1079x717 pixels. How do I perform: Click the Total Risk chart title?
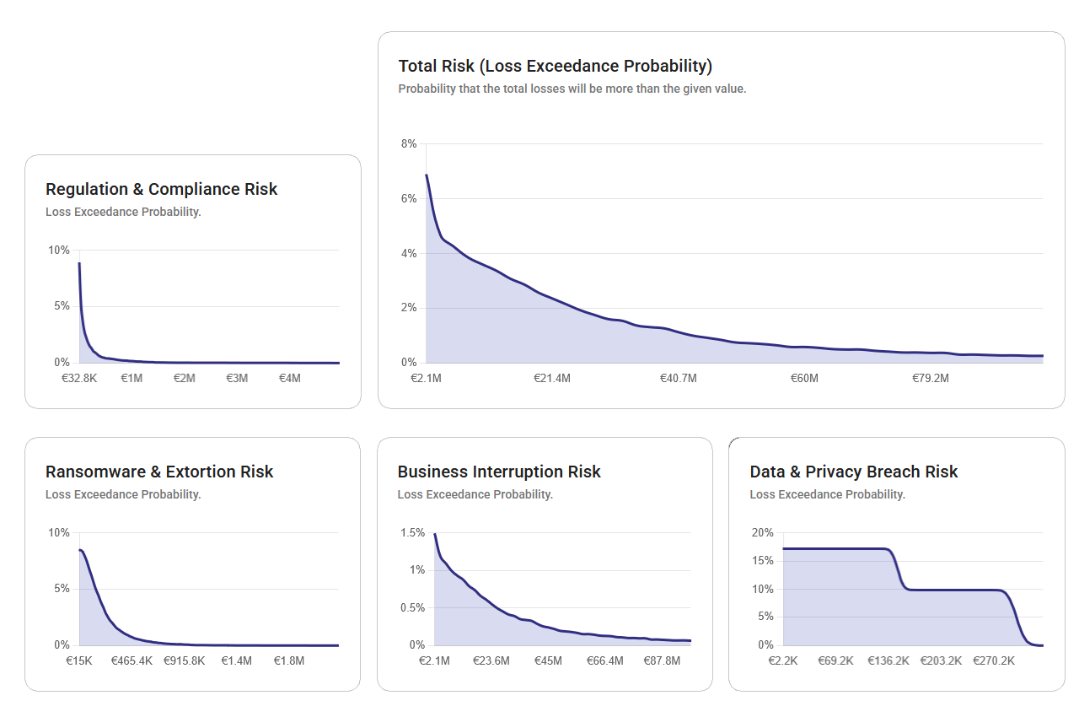click(555, 66)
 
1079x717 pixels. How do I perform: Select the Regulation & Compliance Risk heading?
click(161, 189)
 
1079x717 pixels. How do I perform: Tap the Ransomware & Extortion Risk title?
click(159, 472)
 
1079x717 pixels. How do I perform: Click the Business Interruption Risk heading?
click(499, 472)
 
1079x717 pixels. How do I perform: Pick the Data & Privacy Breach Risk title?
click(853, 472)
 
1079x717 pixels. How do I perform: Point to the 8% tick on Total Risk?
click(409, 144)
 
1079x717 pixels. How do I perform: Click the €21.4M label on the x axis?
click(551, 379)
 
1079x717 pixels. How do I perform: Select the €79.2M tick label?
click(930, 379)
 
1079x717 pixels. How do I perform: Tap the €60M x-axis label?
click(804, 379)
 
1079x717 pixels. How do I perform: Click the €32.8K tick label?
click(79, 379)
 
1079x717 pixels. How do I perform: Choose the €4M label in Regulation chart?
click(289, 379)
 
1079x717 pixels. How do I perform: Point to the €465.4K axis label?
click(132, 661)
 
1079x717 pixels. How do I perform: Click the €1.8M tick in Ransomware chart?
click(289, 661)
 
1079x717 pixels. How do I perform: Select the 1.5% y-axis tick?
click(413, 533)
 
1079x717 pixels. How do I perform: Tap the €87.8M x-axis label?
click(662, 661)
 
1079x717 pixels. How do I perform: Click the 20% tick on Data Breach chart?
click(762, 533)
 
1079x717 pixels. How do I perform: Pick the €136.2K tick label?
click(888, 661)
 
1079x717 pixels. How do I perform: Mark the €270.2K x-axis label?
click(994, 661)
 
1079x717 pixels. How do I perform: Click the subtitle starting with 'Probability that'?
click(572, 89)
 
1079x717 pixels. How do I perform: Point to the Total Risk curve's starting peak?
click(427, 175)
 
